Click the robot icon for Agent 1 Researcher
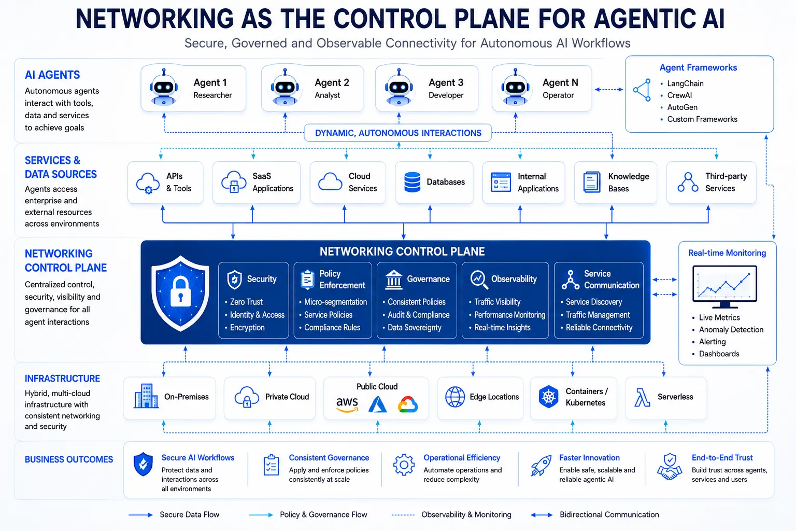(163, 87)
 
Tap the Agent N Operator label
(560, 89)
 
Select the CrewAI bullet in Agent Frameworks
(679, 95)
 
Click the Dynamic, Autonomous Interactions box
(398, 133)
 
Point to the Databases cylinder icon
(412, 182)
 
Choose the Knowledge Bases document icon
(592, 182)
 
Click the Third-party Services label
(726, 182)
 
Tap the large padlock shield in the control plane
(180, 293)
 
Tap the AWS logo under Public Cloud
(347, 404)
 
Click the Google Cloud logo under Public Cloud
(408, 404)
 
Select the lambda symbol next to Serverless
(642, 397)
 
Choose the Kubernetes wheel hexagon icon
(548, 397)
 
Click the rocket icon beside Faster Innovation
(541, 465)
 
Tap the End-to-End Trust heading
(722, 458)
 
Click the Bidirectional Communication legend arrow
(542, 515)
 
